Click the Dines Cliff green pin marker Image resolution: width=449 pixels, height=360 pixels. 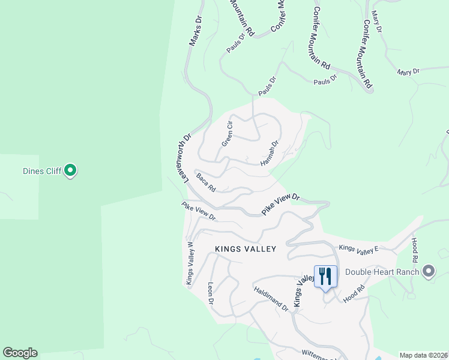71,171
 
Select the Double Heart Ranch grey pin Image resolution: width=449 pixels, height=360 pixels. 428,271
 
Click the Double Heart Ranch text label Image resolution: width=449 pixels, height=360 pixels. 390,271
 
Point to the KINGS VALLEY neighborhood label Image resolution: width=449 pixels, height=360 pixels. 246,248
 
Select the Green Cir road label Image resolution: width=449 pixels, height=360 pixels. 227,133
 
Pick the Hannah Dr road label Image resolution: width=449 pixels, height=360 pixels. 270,154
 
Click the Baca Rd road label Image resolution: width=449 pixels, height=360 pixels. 206,182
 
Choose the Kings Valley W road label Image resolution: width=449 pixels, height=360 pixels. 190,263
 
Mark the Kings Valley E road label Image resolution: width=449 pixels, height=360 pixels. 359,248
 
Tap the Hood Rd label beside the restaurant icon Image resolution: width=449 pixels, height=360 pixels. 354,293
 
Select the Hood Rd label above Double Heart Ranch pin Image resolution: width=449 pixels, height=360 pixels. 414,250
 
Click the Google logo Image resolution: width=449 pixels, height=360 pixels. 20,353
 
